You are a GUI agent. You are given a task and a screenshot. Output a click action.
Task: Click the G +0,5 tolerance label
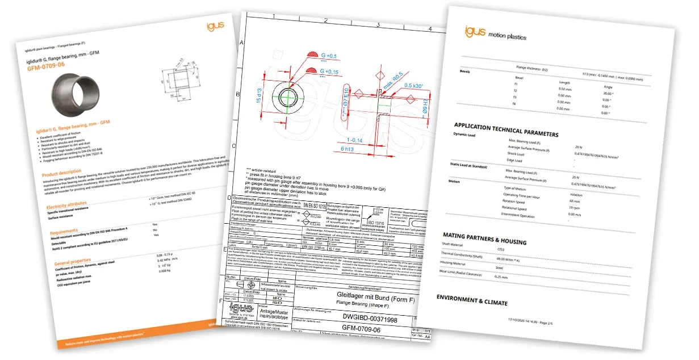click(328, 56)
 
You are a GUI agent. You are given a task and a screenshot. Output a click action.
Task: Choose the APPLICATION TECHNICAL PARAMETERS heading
click(506, 130)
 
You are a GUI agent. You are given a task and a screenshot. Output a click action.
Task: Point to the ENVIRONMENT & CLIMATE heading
click(471, 300)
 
